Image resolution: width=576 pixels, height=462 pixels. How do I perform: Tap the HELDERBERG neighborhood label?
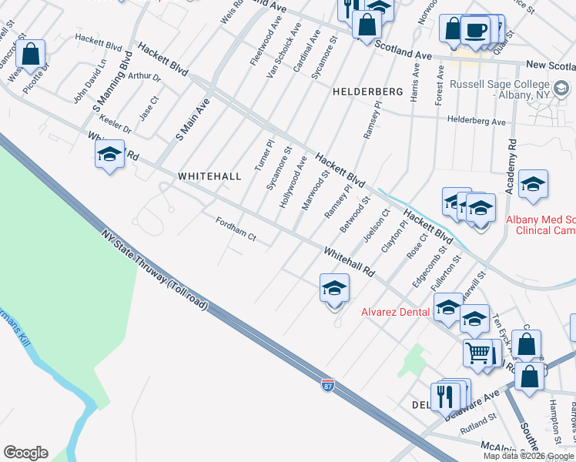(x=368, y=92)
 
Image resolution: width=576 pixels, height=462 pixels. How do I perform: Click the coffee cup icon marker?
(x=475, y=31)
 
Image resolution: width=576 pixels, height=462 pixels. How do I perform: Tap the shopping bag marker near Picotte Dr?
(x=31, y=55)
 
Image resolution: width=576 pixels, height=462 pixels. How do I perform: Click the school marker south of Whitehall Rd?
(x=334, y=290)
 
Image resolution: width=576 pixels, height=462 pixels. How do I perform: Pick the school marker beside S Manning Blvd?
(x=110, y=156)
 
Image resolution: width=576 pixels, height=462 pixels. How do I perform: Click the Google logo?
(x=25, y=453)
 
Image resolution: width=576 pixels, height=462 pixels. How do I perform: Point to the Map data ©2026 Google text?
(x=528, y=456)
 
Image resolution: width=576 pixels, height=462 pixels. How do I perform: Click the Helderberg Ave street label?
(x=477, y=122)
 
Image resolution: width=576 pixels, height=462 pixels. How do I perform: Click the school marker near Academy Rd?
(x=533, y=186)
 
